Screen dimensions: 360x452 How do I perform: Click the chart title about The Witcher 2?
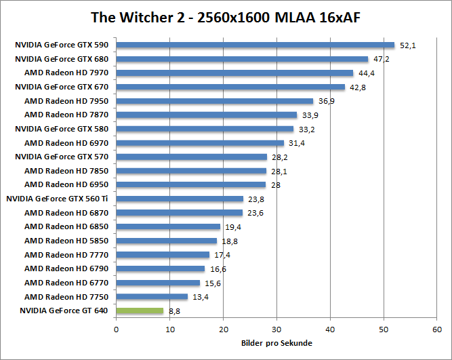[226, 16]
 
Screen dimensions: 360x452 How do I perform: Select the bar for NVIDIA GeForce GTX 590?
[255, 45]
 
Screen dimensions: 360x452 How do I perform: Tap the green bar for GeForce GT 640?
[140, 311]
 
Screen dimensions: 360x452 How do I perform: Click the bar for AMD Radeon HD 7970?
[234, 73]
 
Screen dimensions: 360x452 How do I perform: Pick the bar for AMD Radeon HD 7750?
[152, 297]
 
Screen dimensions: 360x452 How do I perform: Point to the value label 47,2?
[381, 60]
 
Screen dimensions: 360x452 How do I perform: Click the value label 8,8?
[174, 311]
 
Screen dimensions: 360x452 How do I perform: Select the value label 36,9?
[327, 102]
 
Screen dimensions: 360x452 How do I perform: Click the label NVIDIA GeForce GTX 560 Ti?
[57, 199]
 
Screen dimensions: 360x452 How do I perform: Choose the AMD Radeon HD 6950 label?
[66, 184]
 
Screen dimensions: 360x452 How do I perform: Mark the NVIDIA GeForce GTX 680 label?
[62, 59]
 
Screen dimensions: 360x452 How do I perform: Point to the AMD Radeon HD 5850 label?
[66, 241]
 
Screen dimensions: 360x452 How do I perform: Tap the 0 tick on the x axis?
[117, 329]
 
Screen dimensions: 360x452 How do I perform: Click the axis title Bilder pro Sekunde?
[276, 343]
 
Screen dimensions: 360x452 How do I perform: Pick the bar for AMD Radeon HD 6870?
[179, 213]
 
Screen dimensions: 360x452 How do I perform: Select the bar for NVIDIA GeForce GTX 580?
[205, 129]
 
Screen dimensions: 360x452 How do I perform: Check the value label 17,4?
[222, 255]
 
